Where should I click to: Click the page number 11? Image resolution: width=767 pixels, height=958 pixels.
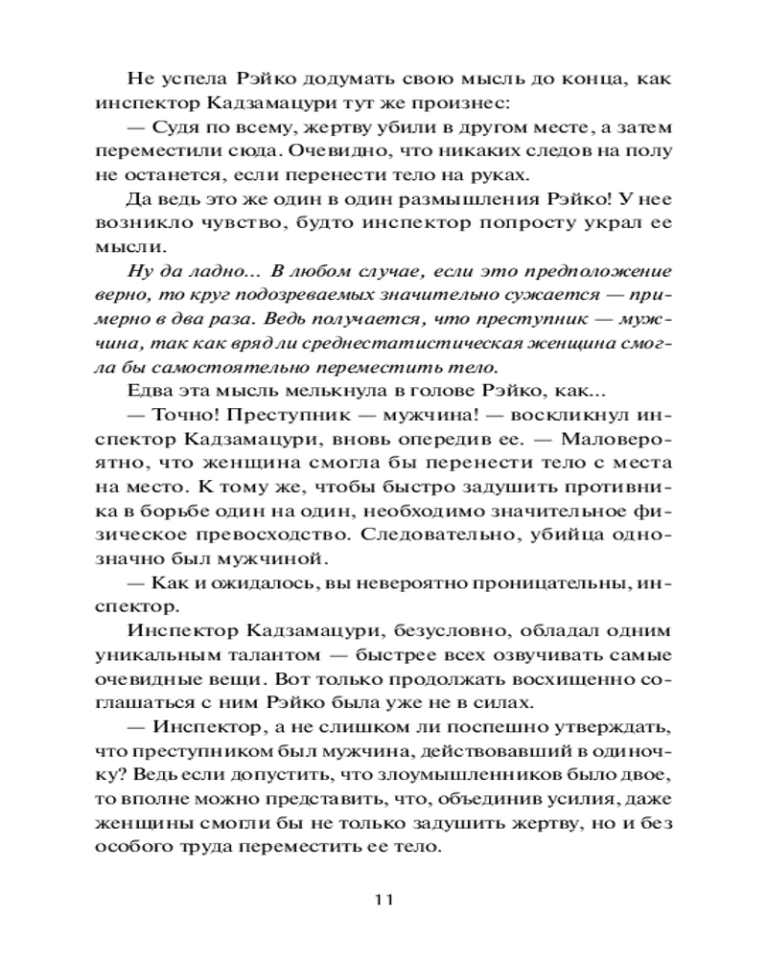pos(383,900)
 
